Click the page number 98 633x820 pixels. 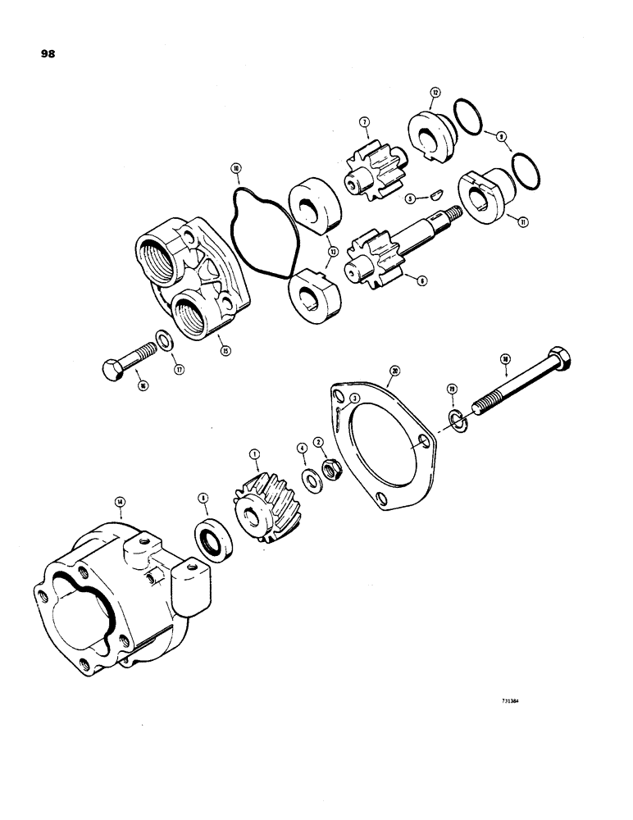pos(47,55)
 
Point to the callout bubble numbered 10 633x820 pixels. pos(236,169)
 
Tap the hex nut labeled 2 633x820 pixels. pos(334,471)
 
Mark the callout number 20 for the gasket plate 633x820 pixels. pos(395,371)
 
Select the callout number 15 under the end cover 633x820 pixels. pos(224,350)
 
